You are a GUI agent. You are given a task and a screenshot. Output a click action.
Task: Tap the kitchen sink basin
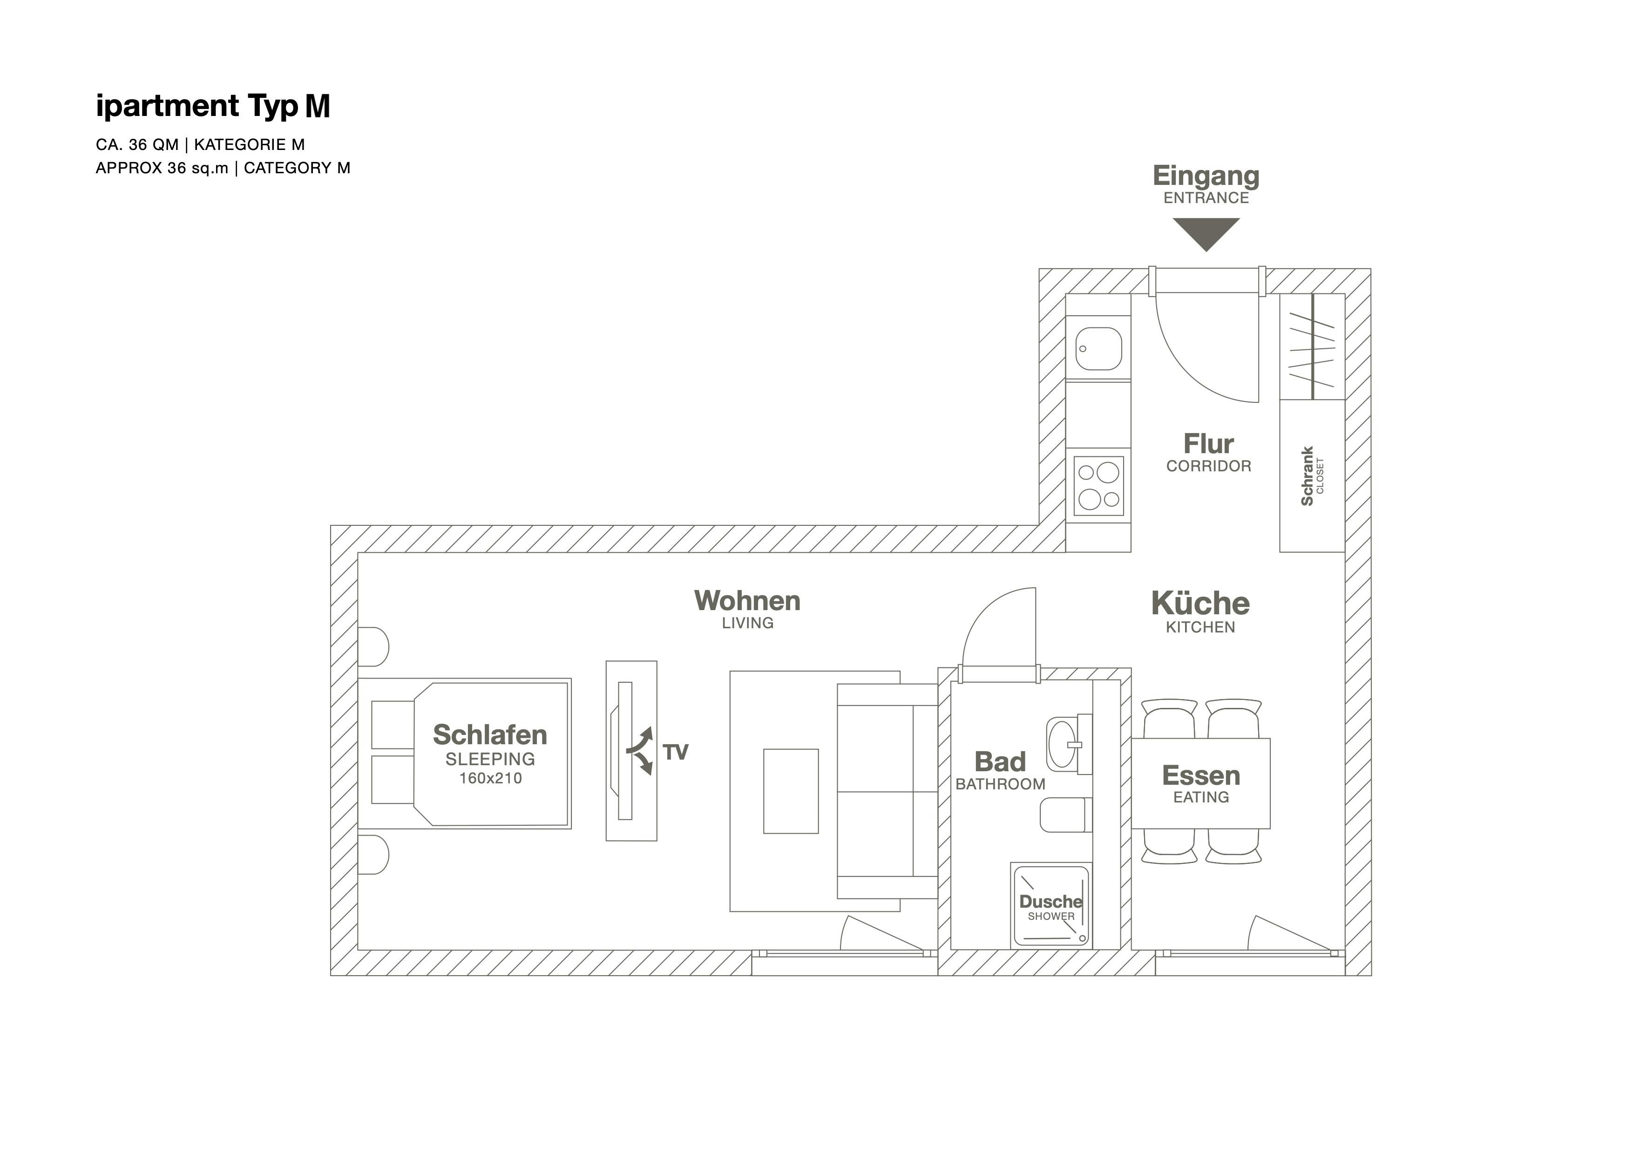[x=1098, y=348]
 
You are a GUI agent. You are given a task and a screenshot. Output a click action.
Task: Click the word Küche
[x=1200, y=604]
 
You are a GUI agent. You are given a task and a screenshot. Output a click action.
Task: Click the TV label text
[x=675, y=753]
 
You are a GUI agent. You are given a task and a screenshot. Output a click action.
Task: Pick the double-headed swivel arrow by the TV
[x=641, y=751]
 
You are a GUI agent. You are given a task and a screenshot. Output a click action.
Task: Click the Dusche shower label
[x=1050, y=902]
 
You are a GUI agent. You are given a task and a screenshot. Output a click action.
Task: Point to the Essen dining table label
[x=1200, y=776]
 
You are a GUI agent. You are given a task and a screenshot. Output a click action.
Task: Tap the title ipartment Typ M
[x=213, y=106]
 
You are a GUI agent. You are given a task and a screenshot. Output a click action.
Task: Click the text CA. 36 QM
[x=137, y=145]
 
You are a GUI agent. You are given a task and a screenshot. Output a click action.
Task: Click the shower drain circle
[x=1083, y=939]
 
